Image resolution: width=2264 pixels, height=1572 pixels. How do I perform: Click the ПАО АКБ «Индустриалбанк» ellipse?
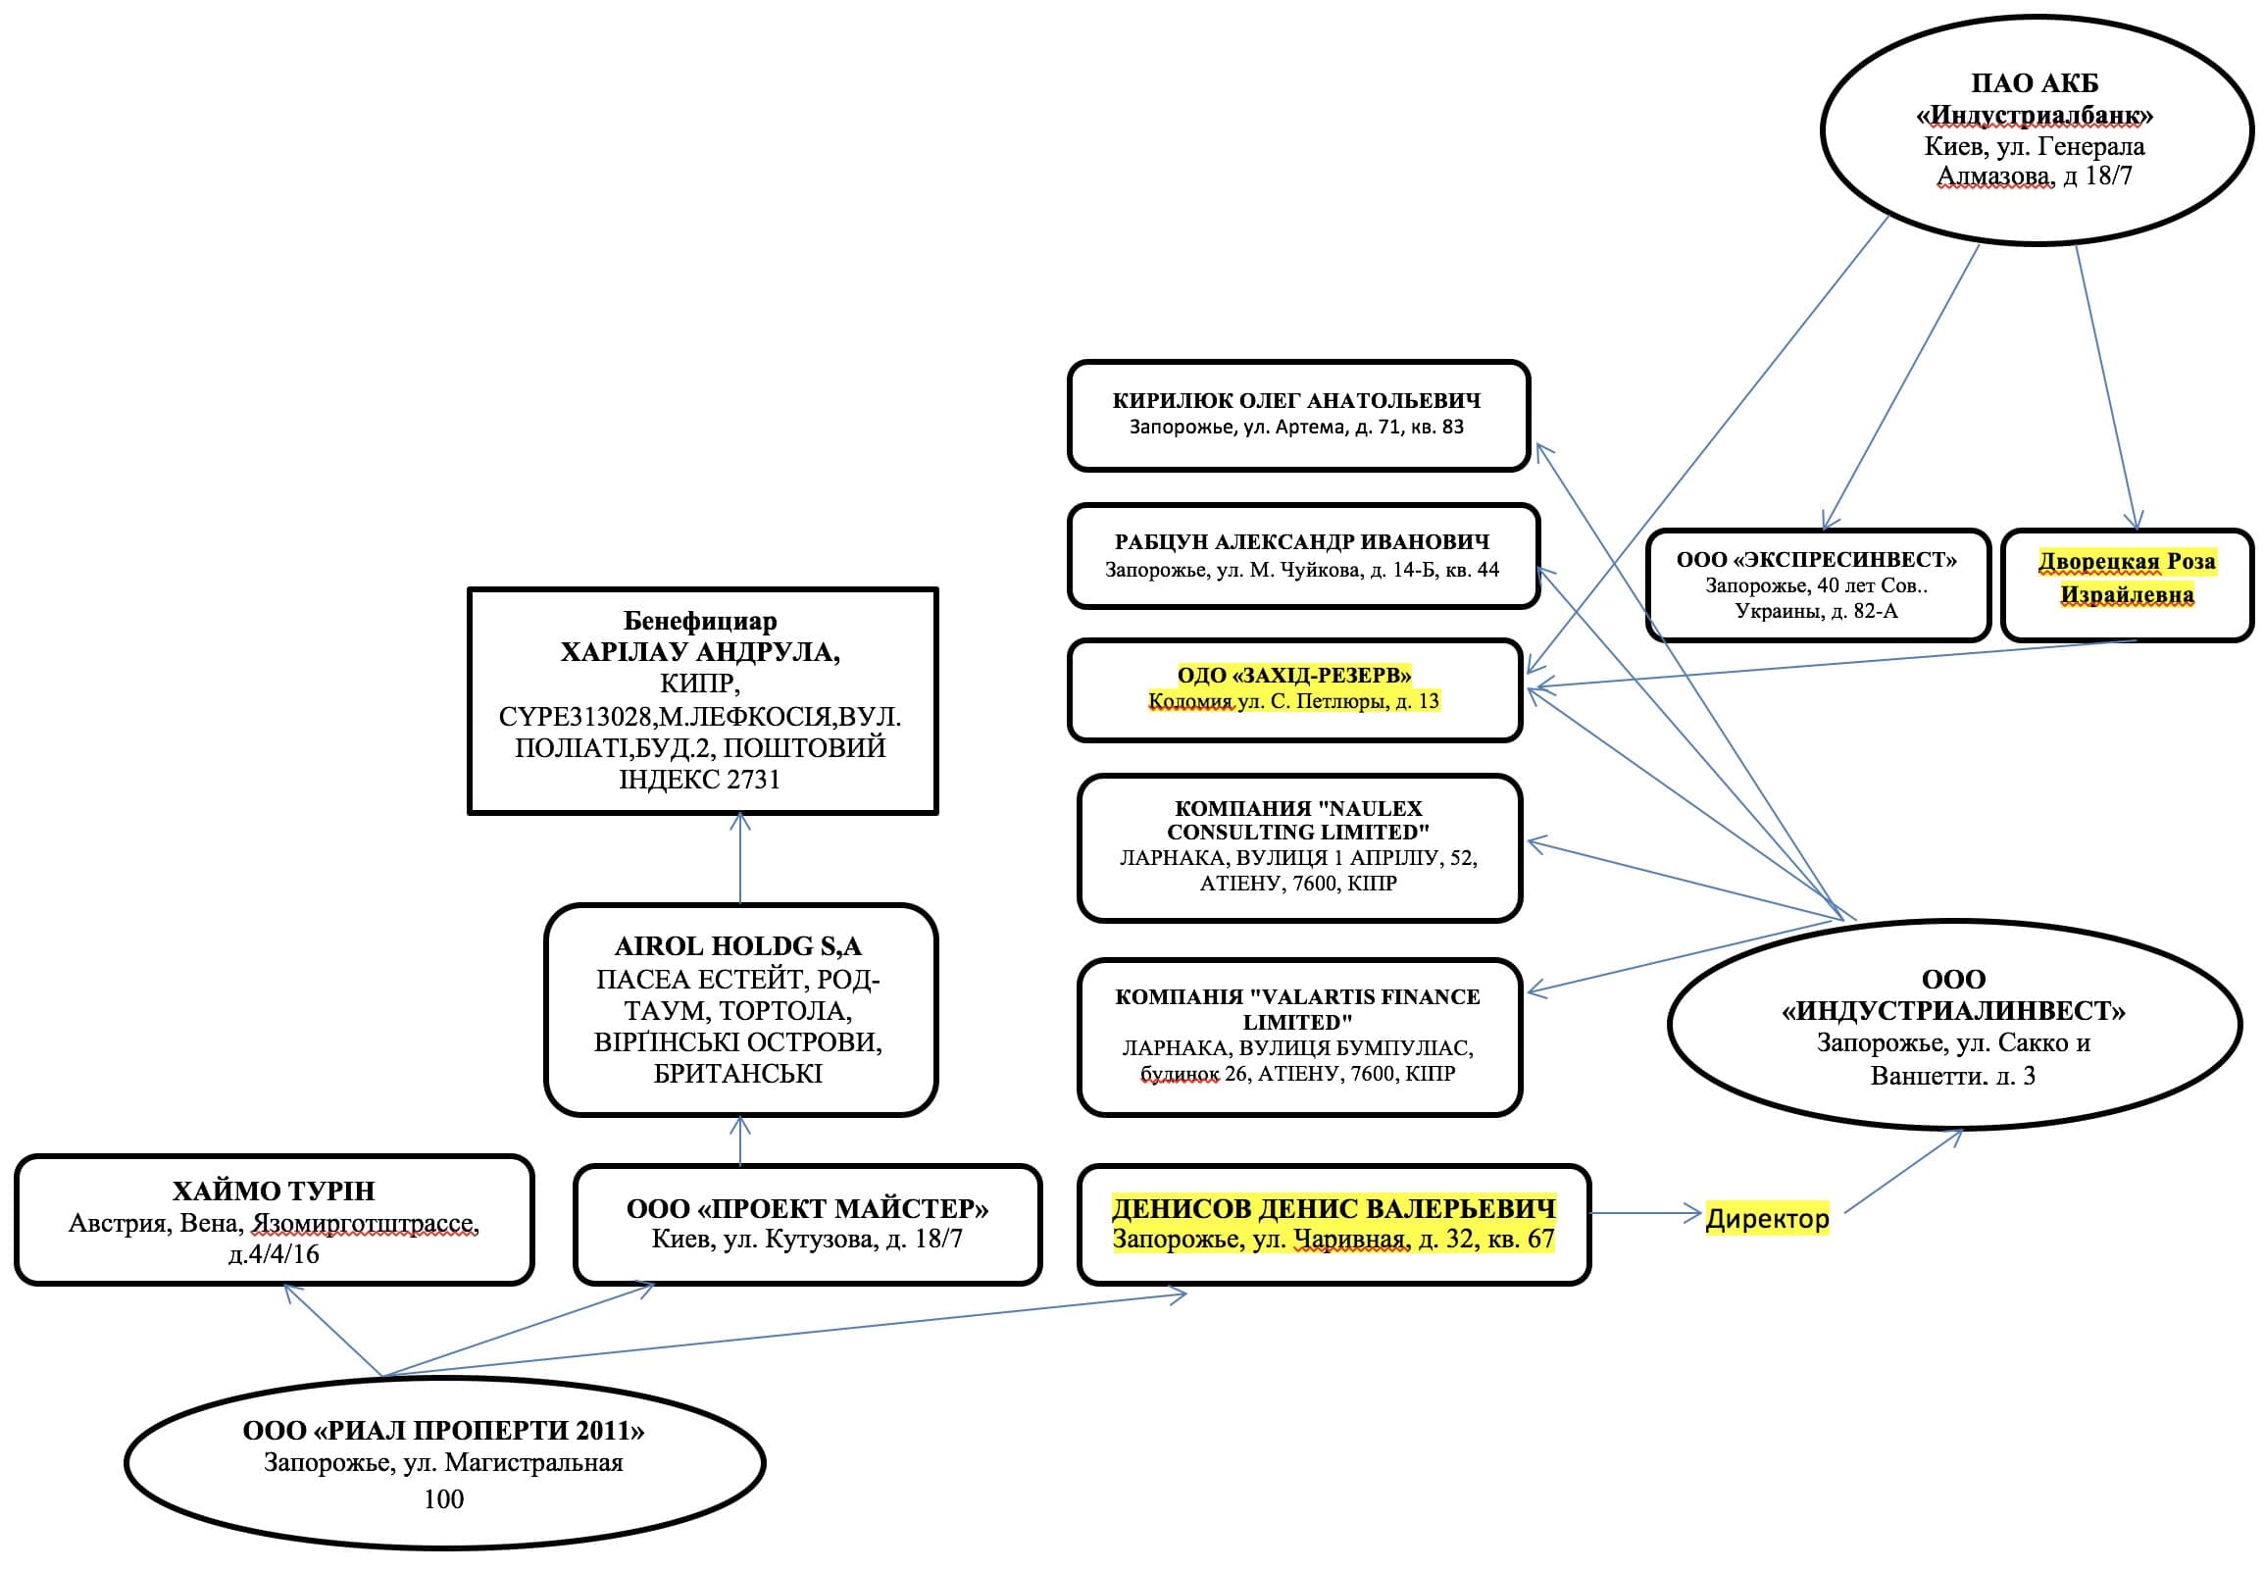click(x=2036, y=129)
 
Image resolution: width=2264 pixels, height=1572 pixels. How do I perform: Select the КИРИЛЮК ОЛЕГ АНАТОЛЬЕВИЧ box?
click(x=1297, y=415)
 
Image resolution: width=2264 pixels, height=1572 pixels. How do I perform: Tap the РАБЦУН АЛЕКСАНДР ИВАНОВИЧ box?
click(x=1302, y=555)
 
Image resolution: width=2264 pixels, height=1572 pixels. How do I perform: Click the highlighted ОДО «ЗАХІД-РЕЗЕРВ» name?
click(x=1294, y=676)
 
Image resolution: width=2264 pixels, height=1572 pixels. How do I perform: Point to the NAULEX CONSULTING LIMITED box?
click(x=1299, y=847)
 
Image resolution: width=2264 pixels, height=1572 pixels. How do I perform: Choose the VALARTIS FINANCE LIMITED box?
click(x=1298, y=1037)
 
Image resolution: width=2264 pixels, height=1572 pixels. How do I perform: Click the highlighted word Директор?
click(x=1767, y=1218)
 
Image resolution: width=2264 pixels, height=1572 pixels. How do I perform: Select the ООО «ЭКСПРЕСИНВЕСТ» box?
click(x=1817, y=585)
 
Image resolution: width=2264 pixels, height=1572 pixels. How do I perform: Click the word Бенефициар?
click(x=700, y=622)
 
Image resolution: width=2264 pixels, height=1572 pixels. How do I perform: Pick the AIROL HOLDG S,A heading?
click(x=737, y=946)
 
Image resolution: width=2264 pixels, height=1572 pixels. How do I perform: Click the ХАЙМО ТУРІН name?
click(x=274, y=1191)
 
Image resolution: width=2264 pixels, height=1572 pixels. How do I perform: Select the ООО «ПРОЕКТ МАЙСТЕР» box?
click(x=807, y=1224)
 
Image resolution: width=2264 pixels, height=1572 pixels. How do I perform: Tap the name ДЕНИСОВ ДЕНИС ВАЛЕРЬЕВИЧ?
click(x=1333, y=1208)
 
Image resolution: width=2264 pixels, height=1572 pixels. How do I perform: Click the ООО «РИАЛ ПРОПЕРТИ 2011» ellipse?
click(x=444, y=1463)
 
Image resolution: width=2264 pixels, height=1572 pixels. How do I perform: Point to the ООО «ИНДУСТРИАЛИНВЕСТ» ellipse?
click(x=1954, y=1026)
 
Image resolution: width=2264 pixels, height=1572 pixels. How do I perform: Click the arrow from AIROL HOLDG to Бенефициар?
click(x=740, y=858)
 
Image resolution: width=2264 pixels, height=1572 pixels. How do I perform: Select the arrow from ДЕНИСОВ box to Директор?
click(x=1644, y=1213)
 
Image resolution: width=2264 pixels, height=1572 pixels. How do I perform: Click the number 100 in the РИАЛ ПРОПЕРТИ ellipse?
click(x=443, y=1499)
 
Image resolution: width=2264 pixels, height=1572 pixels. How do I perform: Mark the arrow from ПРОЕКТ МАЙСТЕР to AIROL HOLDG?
click(x=740, y=1141)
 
